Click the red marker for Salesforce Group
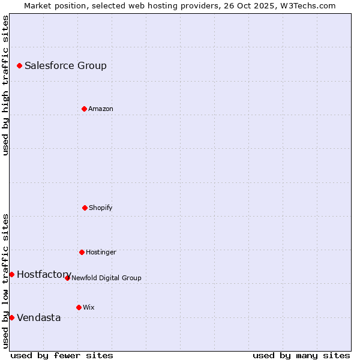coord(19,65)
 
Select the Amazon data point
coord(84,109)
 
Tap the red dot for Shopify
coord(85,208)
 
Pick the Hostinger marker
coord(82,252)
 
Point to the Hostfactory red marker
coord(11,274)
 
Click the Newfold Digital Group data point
coord(67,278)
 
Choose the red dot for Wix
coord(79,307)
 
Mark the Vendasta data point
coord(11,317)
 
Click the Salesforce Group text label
coord(65,65)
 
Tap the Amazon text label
coord(100,109)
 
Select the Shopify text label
coord(100,208)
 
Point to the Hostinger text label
coord(101,252)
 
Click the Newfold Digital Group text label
coord(106,278)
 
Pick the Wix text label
coord(88,307)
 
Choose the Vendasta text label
coord(38,317)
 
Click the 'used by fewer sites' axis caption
coord(62,355)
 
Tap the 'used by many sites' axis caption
coord(301,355)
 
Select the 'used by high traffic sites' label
coord(5,85)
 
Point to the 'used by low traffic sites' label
coord(5,281)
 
